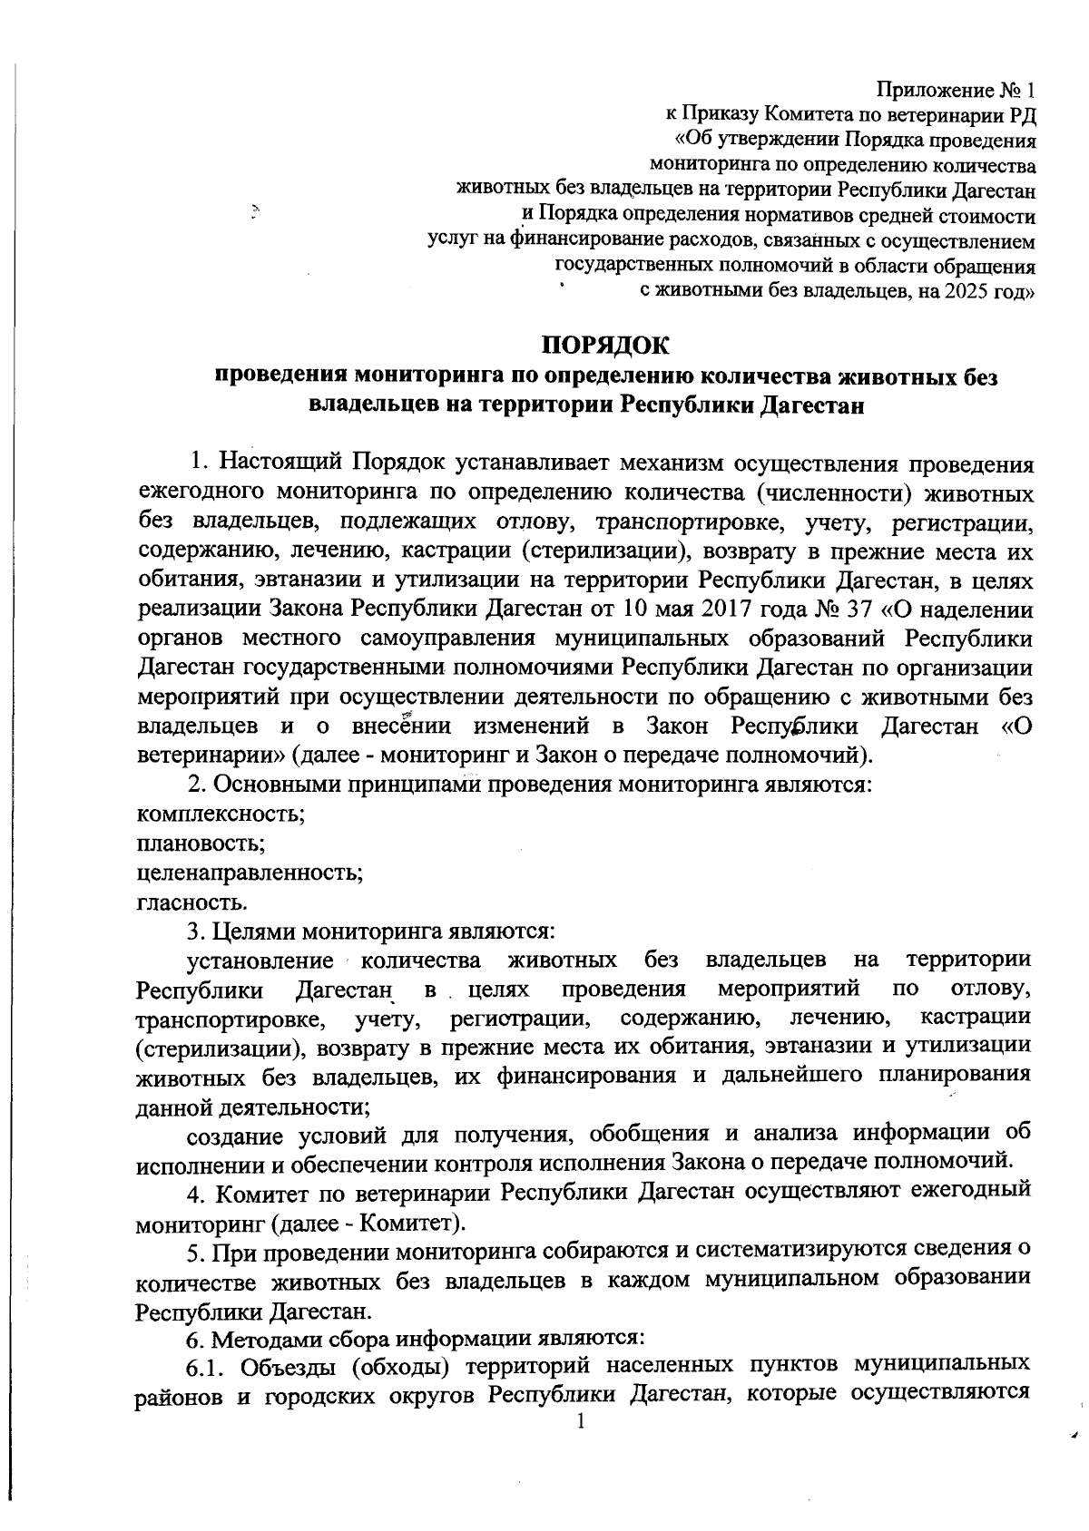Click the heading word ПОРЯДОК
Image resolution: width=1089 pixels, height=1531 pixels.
pos(605,346)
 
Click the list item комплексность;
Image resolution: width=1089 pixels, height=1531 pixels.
pos(220,814)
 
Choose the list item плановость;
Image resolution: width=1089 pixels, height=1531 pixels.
pos(200,844)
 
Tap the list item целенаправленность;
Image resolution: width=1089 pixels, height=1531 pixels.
pos(250,873)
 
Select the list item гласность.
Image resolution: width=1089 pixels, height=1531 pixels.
pos(191,902)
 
